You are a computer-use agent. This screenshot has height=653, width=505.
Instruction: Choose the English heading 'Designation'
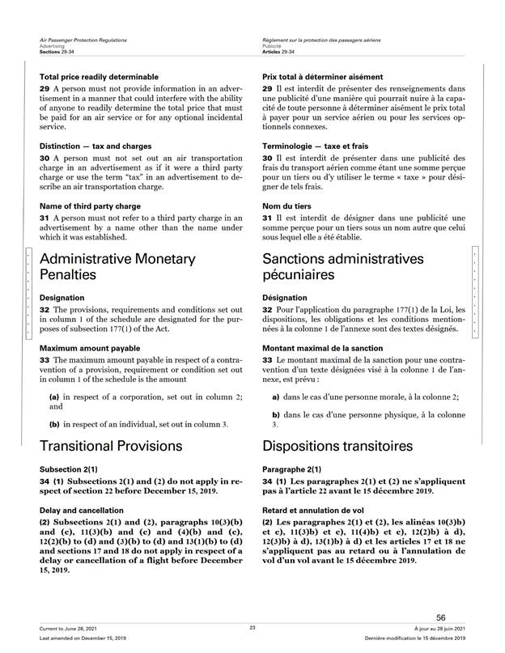[x=62, y=297]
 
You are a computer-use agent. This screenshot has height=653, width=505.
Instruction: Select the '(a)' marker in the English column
[x=55, y=397]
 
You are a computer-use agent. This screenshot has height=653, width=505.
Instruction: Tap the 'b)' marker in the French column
[x=275, y=414]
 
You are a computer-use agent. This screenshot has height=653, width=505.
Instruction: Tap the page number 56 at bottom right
[x=441, y=617]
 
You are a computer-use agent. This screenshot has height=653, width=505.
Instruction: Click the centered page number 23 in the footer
[x=252, y=628]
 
